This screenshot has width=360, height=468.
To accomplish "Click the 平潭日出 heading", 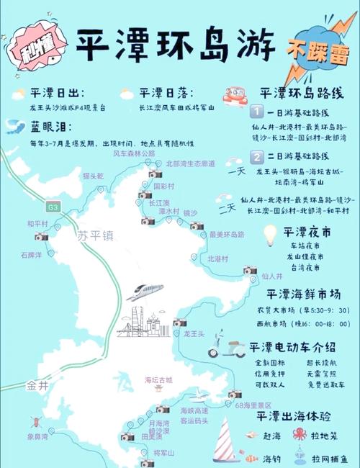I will (58, 94).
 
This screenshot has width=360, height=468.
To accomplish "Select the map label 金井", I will (37, 385).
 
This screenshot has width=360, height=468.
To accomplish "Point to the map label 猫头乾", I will (94, 176).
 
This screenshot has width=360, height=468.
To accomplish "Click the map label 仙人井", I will (272, 275).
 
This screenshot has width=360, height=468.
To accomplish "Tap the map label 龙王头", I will (194, 333).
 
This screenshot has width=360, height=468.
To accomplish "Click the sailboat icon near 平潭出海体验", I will (225, 440).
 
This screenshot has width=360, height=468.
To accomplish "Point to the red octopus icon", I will (299, 434).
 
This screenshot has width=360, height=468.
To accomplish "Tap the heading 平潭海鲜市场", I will (302, 294).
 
